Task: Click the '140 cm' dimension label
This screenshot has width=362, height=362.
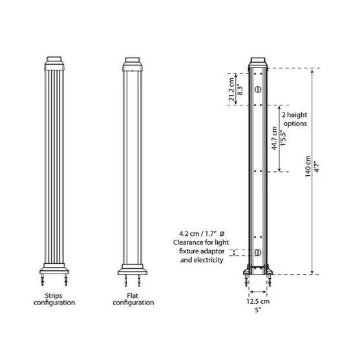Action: click(308, 167)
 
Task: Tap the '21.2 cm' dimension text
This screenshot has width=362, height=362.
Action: click(232, 89)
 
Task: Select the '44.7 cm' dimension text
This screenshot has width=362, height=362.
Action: click(274, 138)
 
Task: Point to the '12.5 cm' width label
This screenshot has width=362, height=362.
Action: click(258, 301)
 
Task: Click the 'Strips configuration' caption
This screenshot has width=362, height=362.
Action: click(54, 299)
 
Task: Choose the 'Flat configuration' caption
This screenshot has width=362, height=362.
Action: click(133, 299)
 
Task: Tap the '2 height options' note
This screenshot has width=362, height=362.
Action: click(295, 119)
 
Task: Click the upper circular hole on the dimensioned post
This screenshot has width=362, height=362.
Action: click(258, 89)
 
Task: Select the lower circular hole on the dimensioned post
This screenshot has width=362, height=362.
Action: click(258, 253)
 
